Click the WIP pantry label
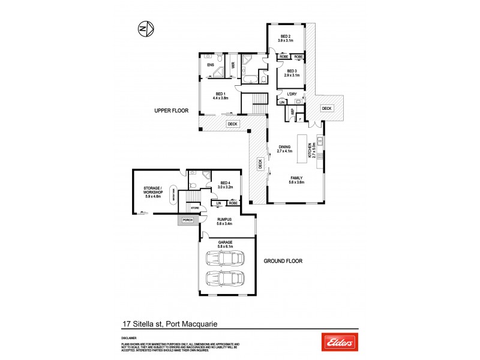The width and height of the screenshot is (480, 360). (x=292, y=112)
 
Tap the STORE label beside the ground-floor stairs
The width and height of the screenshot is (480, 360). (x=194, y=209)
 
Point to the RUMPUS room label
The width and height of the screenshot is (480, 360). (x=224, y=220)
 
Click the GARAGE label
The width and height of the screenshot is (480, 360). (x=224, y=243)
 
